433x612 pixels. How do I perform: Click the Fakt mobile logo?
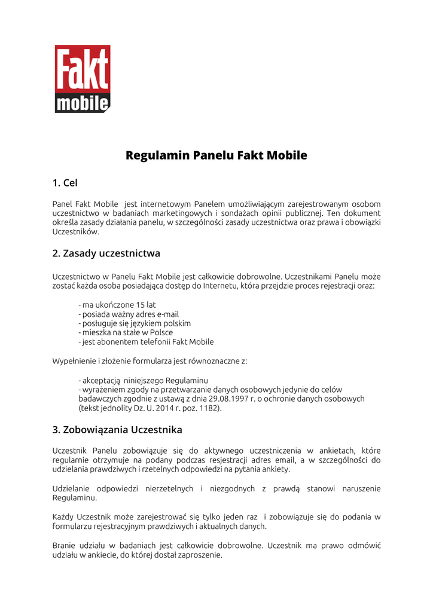click(83, 79)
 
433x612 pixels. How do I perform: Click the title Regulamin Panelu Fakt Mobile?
click(216, 155)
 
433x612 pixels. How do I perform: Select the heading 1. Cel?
click(65, 182)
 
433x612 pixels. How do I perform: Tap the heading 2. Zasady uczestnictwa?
click(106, 253)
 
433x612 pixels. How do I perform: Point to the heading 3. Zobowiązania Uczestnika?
click(117, 430)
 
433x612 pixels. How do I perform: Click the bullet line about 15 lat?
click(117, 305)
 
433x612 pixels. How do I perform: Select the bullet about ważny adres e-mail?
click(129, 314)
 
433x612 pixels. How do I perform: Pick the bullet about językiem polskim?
click(135, 323)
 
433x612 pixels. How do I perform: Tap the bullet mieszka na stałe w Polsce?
click(126, 332)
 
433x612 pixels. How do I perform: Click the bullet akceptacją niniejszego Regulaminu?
click(143, 380)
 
